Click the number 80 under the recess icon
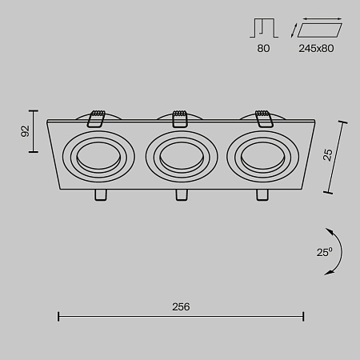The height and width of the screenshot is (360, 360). [263, 48]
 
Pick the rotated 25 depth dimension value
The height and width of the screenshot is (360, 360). [326, 154]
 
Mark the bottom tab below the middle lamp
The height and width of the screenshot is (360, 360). [180, 195]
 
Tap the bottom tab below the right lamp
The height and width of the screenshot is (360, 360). [262, 195]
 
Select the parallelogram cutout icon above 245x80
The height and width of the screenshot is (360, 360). [318, 30]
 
